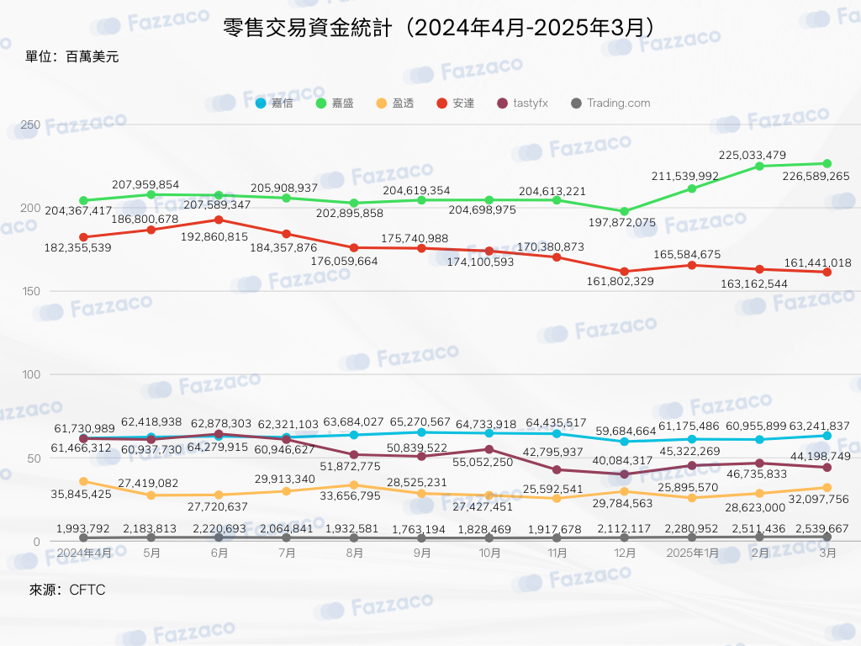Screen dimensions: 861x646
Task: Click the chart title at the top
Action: [438, 28]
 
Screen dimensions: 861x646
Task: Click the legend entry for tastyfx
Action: [522, 103]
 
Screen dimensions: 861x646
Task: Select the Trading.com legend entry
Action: [610, 103]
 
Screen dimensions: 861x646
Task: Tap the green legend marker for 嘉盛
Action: [321, 103]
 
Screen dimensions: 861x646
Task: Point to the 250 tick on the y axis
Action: [30, 124]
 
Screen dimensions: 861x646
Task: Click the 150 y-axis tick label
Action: [31, 291]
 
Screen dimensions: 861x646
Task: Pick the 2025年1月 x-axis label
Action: [692, 553]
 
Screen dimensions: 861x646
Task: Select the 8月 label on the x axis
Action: [354, 553]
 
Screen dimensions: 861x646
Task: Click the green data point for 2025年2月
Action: [759, 166]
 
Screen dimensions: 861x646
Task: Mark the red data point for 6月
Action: [219, 220]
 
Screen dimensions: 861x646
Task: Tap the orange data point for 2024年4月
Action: [83, 482]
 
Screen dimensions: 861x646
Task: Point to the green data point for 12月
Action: [625, 211]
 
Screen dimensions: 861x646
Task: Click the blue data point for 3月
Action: [827, 436]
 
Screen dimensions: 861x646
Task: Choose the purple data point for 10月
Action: [489, 449]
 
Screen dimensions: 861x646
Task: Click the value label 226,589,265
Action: [816, 177]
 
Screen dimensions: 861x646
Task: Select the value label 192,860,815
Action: [214, 236]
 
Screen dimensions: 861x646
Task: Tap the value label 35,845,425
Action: [82, 495]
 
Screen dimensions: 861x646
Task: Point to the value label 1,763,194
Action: [419, 530]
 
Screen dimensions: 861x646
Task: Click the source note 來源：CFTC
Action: [67, 590]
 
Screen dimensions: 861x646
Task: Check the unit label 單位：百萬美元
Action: [72, 56]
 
